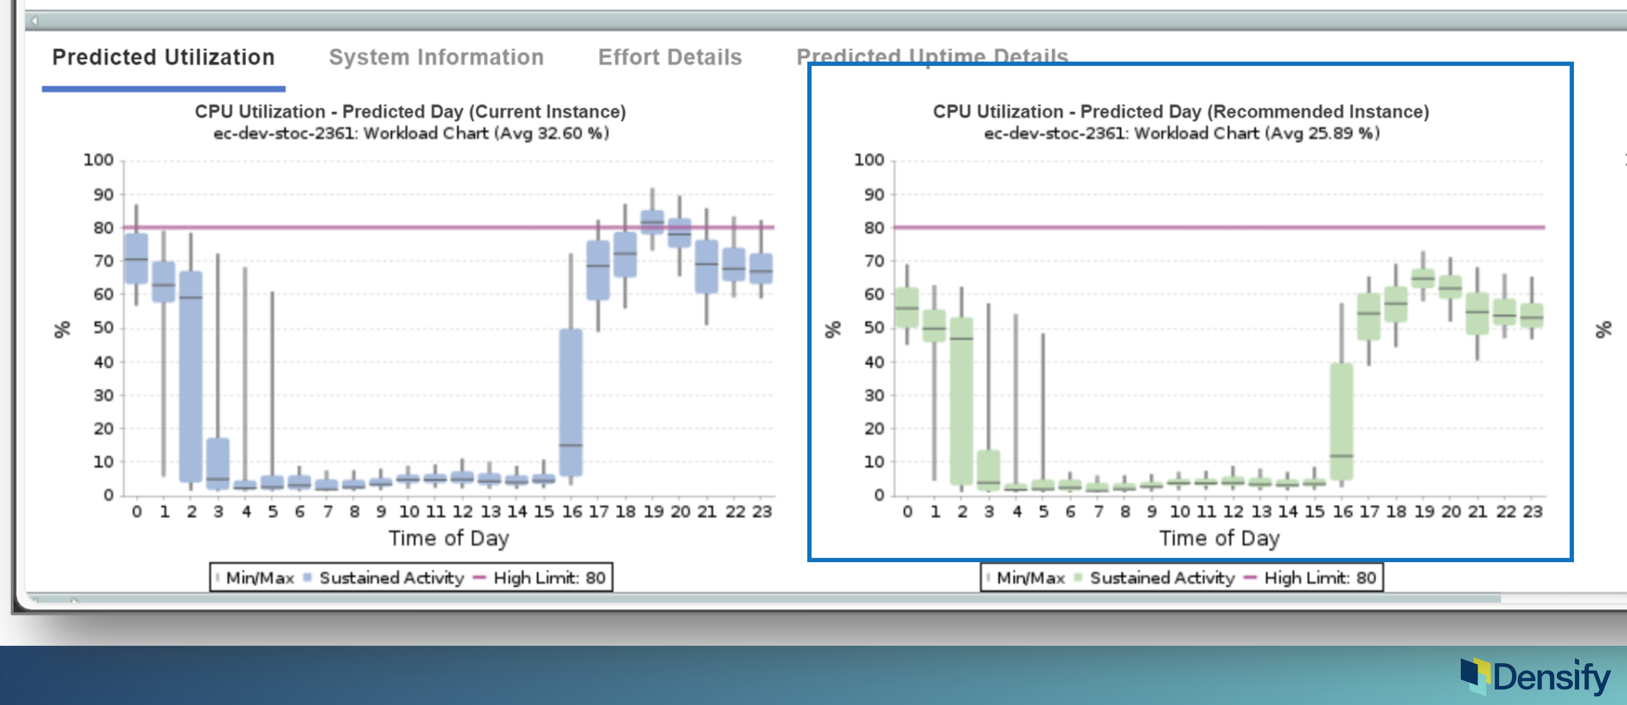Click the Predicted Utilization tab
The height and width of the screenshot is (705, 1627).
pos(163,57)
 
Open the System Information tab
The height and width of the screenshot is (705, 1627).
pos(437,57)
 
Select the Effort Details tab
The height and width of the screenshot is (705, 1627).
pos(670,57)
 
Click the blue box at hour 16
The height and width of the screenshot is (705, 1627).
pos(571,402)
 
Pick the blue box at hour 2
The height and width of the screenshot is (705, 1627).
pos(191,376)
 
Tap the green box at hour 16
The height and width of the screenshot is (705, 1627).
pos(1341,421)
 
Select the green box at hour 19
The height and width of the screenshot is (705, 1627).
pos(1423,278)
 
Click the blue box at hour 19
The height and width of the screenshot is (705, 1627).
pos(653,222)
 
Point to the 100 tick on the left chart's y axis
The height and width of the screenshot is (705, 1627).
pos(98,160)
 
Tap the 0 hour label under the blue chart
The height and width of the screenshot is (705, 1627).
pos(137,511)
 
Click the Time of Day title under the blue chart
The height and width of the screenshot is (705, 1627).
pos(449,538)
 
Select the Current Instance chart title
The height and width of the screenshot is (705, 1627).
pos(410,112)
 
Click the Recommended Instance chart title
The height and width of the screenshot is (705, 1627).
pos(1181,112)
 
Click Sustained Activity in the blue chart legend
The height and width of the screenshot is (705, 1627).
pos(392,577)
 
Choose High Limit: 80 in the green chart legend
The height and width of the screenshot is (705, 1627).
pos(1320,577)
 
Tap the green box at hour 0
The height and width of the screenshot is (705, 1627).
pos(907,308)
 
